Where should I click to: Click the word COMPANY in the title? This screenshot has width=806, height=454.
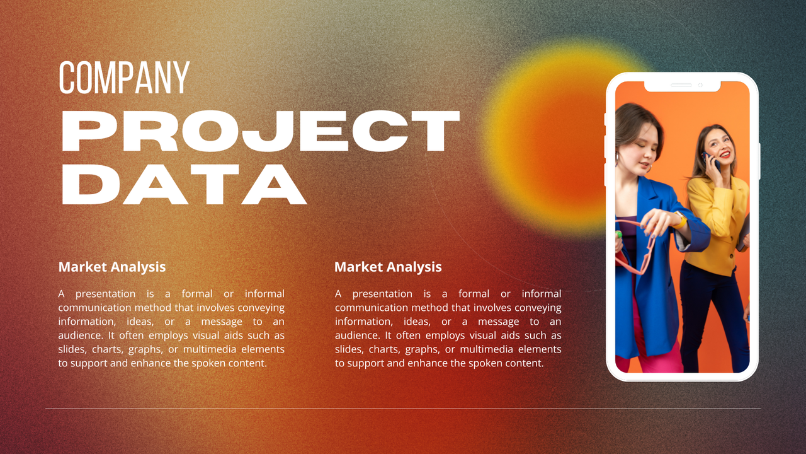click(124, 78)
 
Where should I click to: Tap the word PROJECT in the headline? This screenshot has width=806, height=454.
click(260, 132)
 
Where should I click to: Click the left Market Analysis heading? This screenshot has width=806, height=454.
click(112, 267)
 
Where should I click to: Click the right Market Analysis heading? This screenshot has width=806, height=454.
click(388, 267)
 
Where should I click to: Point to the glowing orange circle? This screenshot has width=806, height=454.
click(554, 136)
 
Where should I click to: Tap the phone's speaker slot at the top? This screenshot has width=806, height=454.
click(681, 84)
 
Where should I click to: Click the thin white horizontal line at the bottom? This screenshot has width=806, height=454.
click(403, 409)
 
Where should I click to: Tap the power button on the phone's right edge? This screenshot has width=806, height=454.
click(759, 161)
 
